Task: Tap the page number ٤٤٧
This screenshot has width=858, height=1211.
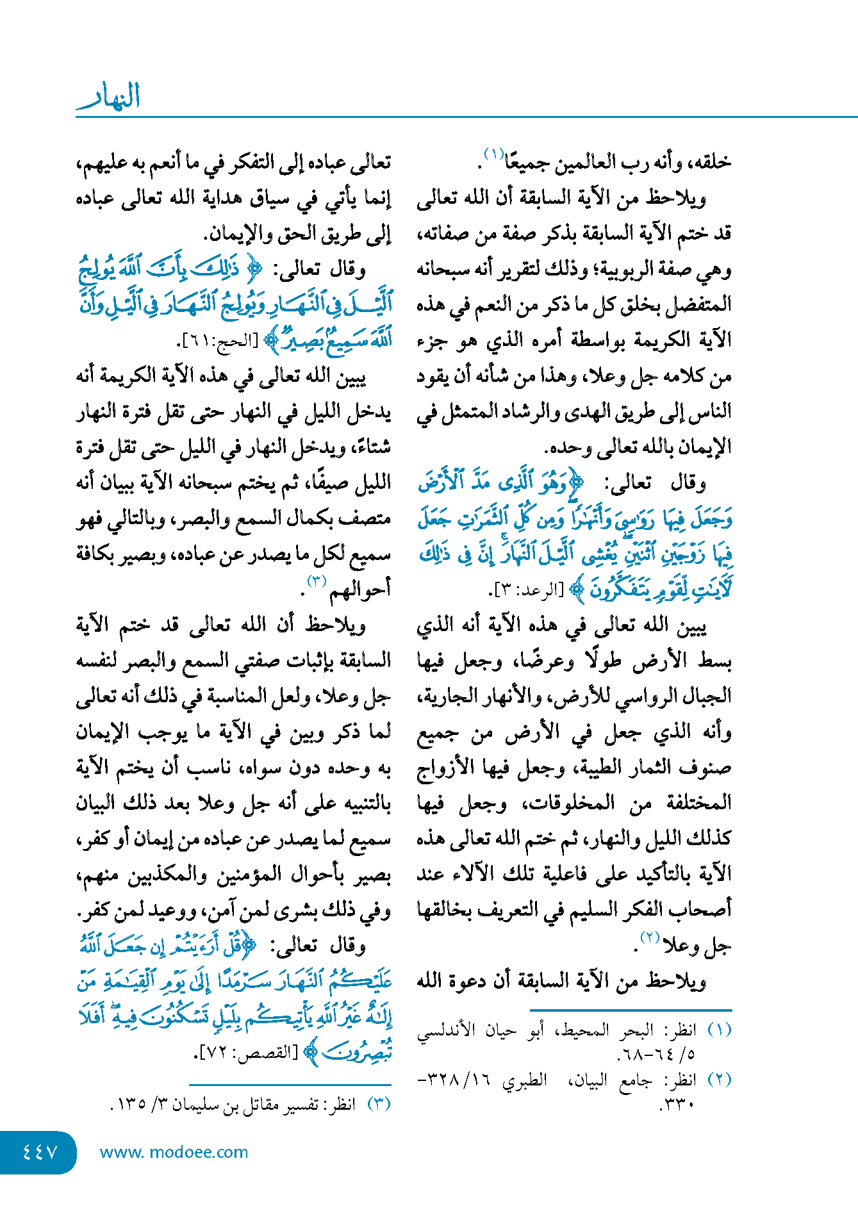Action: coord(40,1152)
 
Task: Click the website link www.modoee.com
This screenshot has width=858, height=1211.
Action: coord(174,1152)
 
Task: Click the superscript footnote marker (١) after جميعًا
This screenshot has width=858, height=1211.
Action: coord(494,154)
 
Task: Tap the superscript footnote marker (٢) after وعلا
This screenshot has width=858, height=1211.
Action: coord(650,938)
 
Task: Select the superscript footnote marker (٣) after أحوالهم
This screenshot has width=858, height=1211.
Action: coord(317,581)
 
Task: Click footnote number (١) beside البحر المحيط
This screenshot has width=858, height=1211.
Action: coord(720,1030)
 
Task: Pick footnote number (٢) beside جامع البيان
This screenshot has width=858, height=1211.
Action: coord(720,1080)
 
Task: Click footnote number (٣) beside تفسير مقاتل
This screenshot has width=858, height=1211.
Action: coord(378,1104)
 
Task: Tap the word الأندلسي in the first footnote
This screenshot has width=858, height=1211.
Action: coord(445,1030)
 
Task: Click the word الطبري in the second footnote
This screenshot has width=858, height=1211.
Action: coord(525,1080)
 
